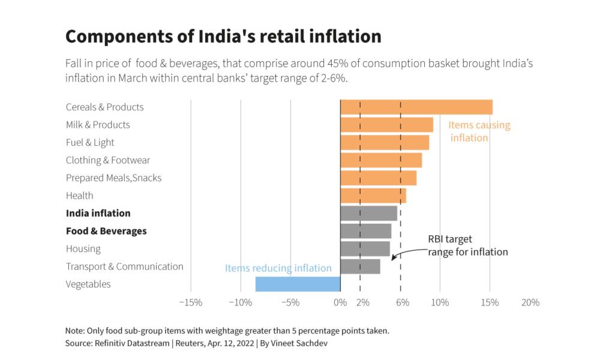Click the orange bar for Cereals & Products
(x=416, y=107)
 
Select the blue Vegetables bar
(x=298, y=284)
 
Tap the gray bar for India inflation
(x=368, y=213)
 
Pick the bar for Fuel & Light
(x=385, y=142)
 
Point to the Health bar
(x=373, y=196)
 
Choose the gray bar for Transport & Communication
(x=360, y=266)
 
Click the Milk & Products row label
(x=98, y=125)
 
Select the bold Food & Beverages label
(x=106, y=231)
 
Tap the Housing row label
(x=83, y=248)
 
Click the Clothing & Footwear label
(x=108, y=160)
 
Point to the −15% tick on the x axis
(x=190, y=302)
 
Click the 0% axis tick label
(x=340, y=302)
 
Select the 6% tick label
(x=403, y=302)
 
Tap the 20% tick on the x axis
(x=530, y=302)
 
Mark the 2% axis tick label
(x=362, y=302)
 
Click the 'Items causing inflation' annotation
(x=479, y=131)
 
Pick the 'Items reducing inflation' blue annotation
(x=278, y=268)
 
